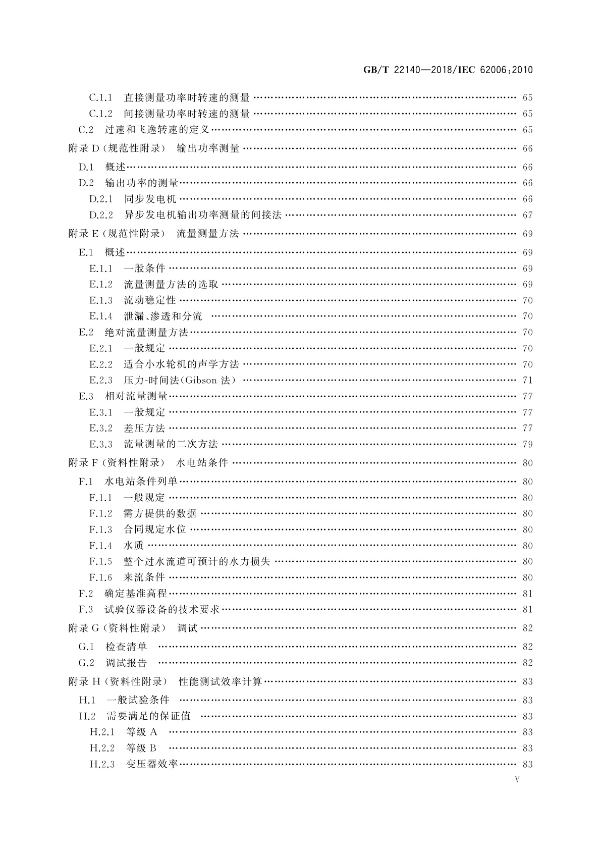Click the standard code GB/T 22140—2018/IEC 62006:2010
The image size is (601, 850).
[x=448, y=70]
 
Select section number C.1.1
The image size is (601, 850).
[x=100, y=97]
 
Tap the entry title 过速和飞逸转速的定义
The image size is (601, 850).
[x=157, y=130]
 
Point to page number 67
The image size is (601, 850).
[x=527, y=215]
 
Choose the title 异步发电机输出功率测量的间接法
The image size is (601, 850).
[x=202, y=215]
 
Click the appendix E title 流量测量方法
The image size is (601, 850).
[x=208, y=234]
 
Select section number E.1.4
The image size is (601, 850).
[x=100, y=316]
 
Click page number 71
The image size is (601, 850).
[x=527, y=380]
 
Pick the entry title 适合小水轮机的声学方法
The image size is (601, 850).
[x=181, y=364]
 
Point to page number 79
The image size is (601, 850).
[x=527, y=444]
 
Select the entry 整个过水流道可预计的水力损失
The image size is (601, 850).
[x=197, y=561]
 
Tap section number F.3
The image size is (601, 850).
[x=86, y=609]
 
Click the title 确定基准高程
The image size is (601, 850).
[x=136, y=594]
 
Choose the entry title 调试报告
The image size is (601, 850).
[x=126, y=663]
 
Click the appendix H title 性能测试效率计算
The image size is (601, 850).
[x=221, y=681]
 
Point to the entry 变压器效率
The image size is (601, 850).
[x=152, y=764]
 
